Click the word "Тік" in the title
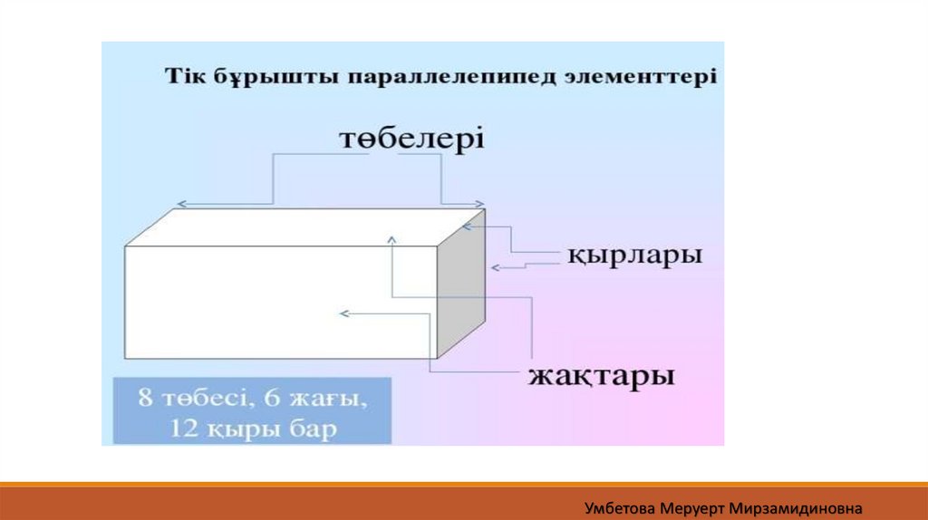180,76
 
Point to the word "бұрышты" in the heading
271,78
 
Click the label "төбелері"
412,139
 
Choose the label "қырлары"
635,255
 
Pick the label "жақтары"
602,376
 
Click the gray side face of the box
461,283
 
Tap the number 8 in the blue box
146,397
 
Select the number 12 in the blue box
183,428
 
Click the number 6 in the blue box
272,397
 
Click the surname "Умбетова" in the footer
620,508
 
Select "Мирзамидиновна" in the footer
796,508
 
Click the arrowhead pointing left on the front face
343,313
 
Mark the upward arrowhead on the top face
391,239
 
